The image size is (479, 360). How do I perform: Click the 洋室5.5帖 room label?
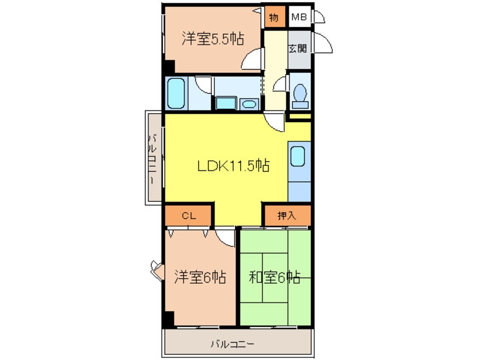tap(213, 39)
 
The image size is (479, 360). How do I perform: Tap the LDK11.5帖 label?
tap(233, 166)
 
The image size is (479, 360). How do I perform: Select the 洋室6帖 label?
tap(200, 277)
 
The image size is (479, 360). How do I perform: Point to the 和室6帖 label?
tap(275, 277)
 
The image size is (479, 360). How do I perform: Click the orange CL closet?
tap(189, 216)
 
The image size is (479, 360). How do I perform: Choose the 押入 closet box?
tap(288, 216)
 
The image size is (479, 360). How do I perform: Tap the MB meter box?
tap(299, 17)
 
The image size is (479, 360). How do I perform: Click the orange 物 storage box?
tap(275, 17)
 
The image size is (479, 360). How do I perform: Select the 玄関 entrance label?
tap(298, 48)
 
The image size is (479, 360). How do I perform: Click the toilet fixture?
tap(300, 96)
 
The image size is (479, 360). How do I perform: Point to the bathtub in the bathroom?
tap(176, 93)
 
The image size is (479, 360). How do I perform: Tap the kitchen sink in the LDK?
tap(298, 156)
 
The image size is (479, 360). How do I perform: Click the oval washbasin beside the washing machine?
tap(249, 104)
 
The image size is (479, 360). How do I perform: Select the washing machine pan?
tap(226, 103)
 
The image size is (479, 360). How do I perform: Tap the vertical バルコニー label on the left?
tap(153, 158)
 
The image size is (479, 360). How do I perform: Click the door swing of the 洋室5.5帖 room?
tap(252, 59)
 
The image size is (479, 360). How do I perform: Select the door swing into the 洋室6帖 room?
tap(226, 238)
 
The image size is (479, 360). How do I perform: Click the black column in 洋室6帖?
tap(169, 319)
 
